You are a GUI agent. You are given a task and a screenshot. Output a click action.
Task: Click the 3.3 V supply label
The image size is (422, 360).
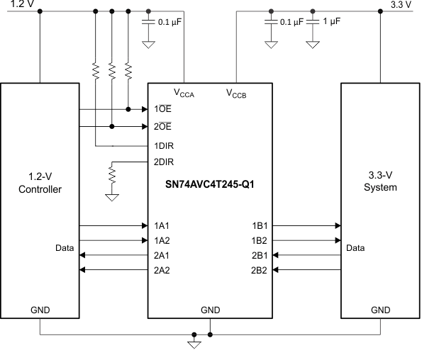[401, 4]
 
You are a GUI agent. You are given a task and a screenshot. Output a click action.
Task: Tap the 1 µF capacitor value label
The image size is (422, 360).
[331, 22]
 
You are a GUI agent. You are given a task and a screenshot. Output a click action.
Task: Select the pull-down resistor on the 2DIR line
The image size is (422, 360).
[111, 173]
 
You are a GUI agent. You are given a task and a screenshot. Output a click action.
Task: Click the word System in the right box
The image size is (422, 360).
[379, 188]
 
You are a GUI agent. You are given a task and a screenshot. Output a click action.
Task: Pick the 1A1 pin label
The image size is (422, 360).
[162, 225]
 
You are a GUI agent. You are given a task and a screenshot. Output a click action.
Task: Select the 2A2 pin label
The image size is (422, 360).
[162, 270]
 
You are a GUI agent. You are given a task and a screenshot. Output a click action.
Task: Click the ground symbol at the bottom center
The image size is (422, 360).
[192, 344]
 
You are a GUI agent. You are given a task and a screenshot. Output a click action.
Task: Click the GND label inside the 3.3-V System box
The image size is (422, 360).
[381, 310]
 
